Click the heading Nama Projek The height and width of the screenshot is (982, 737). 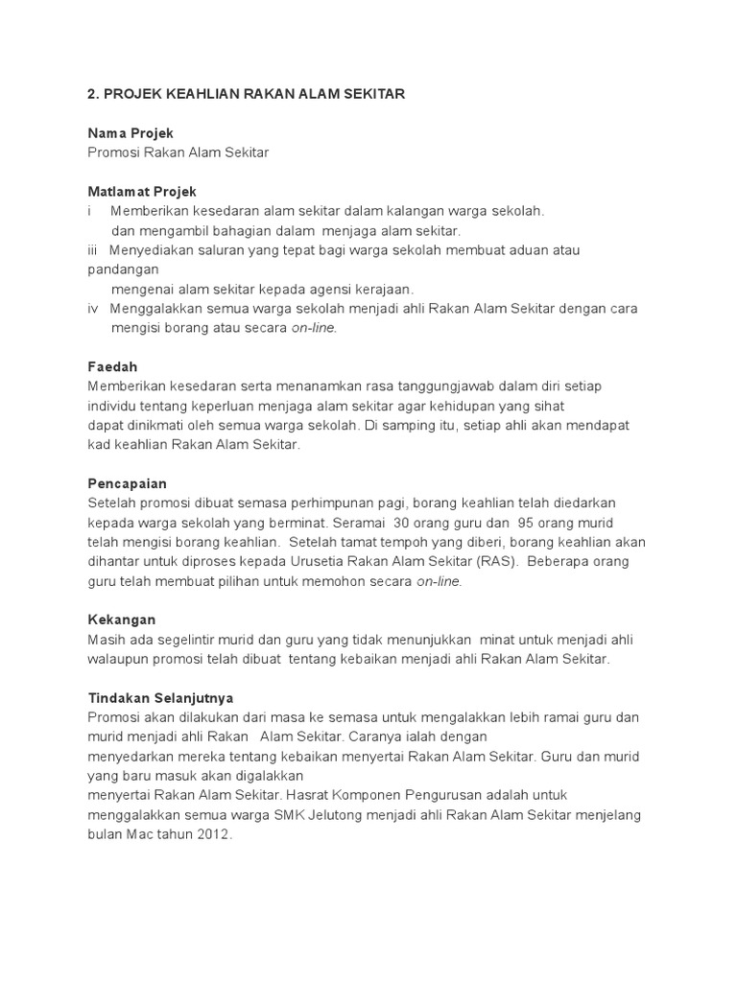pyautogui.click(x=131, y=132)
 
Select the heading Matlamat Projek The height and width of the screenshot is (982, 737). pyautogui.click(x=142, y=192)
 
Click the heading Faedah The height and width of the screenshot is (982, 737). pyautogui.click(x=113, y=367)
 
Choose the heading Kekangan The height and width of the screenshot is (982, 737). pyautogui.click(x=121, y=620)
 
